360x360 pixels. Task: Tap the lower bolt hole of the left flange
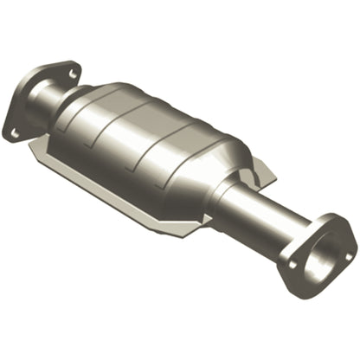point(15,132)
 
